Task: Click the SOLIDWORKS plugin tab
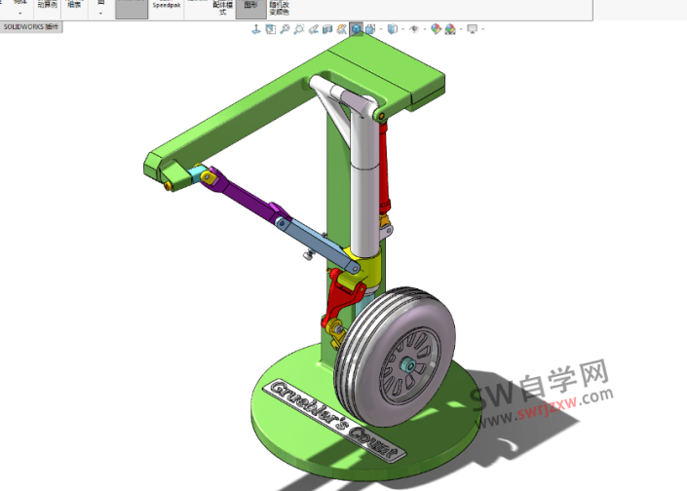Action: pyautogui.click(x=31, y=27)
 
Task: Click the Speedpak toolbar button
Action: pyautogui.click(x=167, y=6)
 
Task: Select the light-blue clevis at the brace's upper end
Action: pyautogui.click(x=200, y=175)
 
